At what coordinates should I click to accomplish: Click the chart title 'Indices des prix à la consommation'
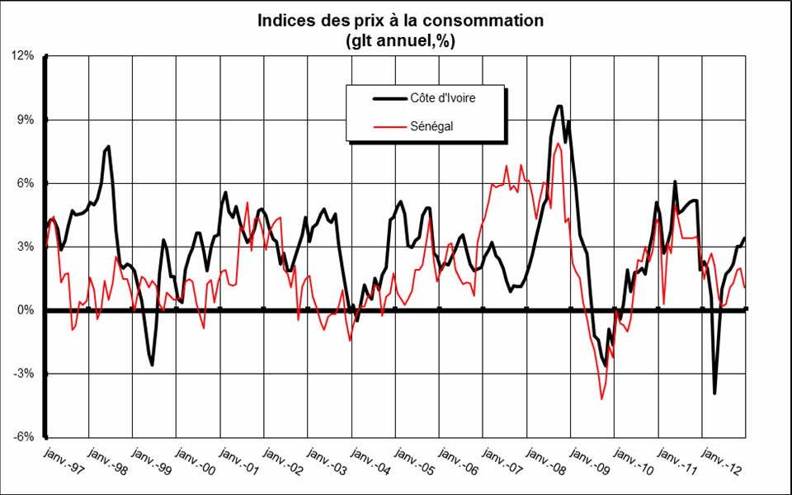pyautogui.click(x=400, y=21)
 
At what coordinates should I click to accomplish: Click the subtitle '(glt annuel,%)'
pyautogui.click(x=400, y=39)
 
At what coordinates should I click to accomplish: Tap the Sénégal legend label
pyautogui.click(x=430, y=126)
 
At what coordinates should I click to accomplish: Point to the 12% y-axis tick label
pyautogui.click(x=22, y=56)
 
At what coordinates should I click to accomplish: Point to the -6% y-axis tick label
pyautogui.click(x=23, y=437)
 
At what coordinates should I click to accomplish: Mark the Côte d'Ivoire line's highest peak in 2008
pyautogui.click(x=559, y=106)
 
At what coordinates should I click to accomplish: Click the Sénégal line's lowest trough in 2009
pyautogui.click(x=601, y=399)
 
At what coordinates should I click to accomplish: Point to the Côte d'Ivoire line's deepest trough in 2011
pyautogui.click(x=714, y=394)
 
